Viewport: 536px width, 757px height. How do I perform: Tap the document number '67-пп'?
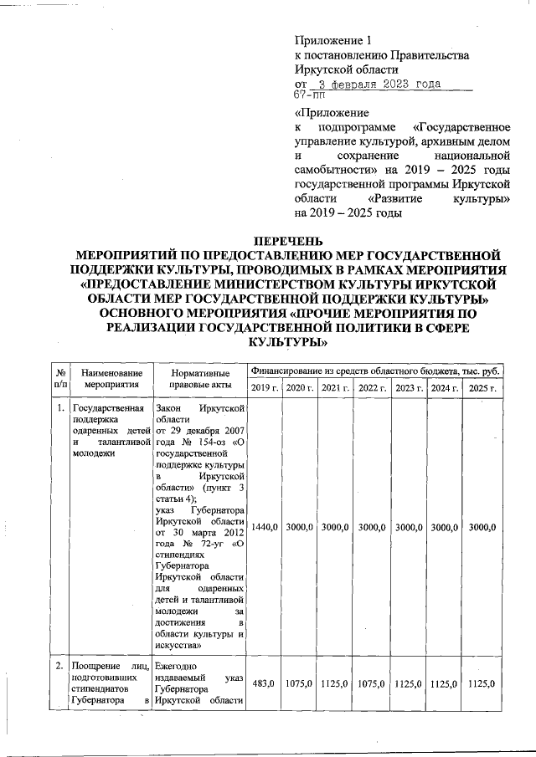pyautogui.click(x=311, y=96)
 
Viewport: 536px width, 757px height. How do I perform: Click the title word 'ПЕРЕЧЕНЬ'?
pyautogui.click(x=288, y=243)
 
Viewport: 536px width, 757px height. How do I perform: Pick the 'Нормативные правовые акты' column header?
pyautogui.click(x=200, y=377)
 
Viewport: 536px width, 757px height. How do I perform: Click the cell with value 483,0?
pyautogui.click(x=265, y=683)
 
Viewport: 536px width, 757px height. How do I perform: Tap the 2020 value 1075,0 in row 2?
pyautogui.click(x=299, y=683)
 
